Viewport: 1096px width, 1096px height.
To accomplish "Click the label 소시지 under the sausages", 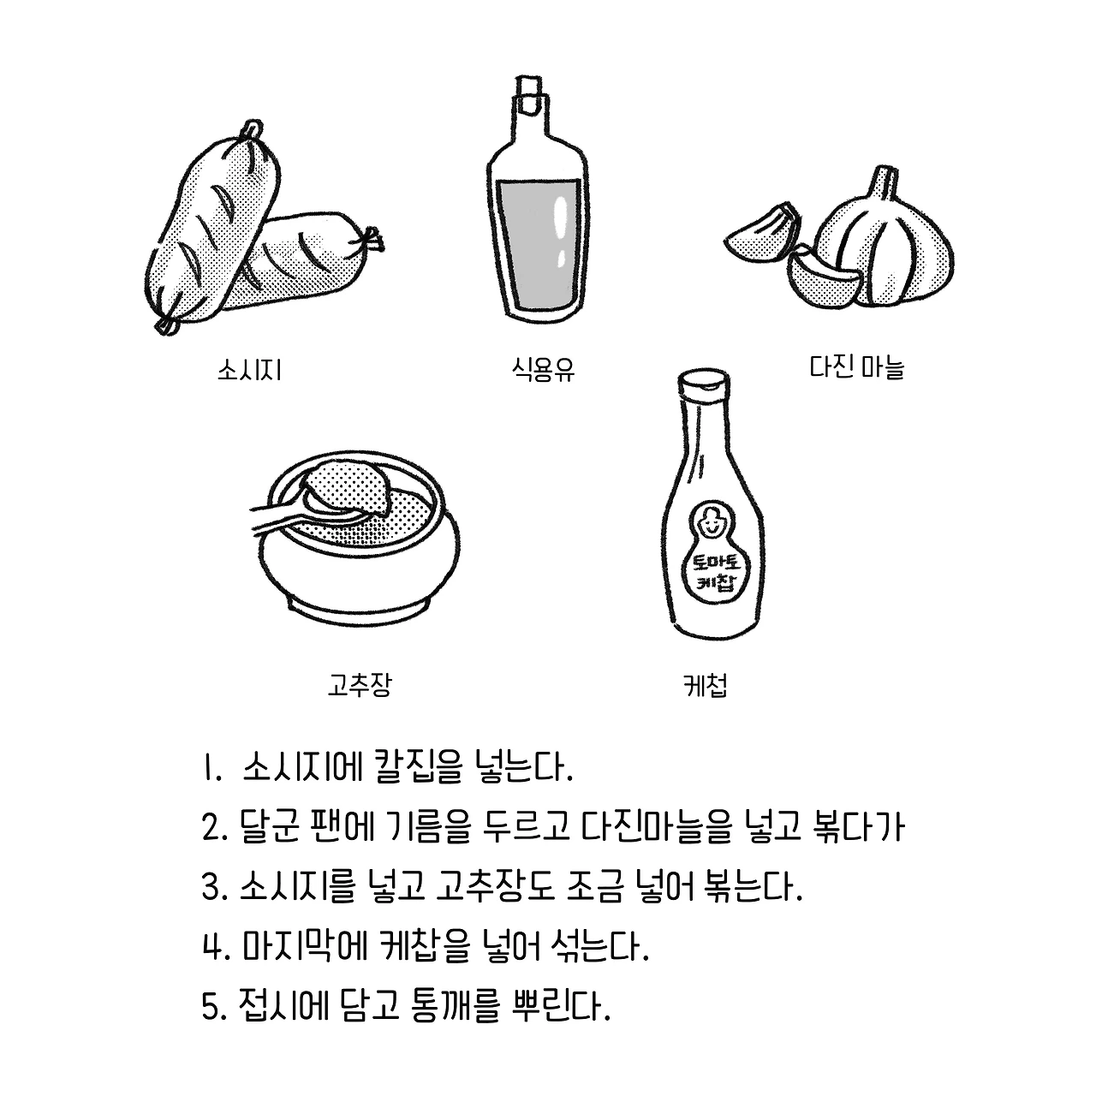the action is point(250,370).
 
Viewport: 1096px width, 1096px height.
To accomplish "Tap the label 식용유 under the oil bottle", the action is point(543,370).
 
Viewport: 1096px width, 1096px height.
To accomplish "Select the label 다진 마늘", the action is point(856,366).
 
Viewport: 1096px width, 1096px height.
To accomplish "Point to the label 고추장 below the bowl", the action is point(360,684).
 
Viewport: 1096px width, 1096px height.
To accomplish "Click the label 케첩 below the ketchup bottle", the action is point(706,684).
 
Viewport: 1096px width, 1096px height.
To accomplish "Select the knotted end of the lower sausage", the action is point(371,241).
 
